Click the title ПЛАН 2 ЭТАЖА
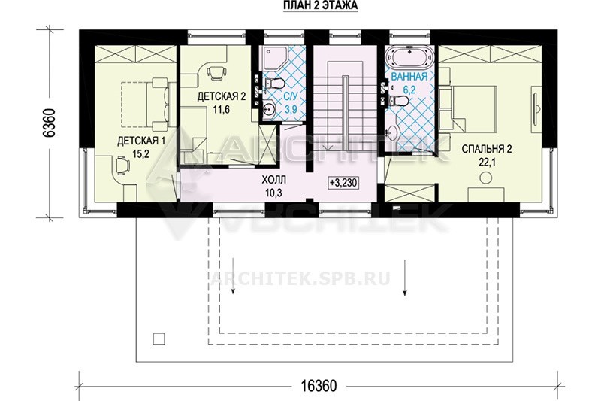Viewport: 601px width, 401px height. click(321, 5)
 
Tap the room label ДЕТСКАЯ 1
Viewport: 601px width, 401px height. click(141, 141)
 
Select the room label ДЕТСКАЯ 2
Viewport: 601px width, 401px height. click(221, 96)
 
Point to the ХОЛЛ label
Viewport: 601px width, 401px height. click(273, 180)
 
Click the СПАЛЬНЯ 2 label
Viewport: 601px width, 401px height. click(486, 149)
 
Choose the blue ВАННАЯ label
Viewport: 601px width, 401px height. click(409, 76)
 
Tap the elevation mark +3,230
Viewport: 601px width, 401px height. click(343, 183)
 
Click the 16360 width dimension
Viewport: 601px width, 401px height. click(319, 386)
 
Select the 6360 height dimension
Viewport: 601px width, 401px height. click(50, 123)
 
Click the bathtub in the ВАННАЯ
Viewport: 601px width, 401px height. click(409, 58)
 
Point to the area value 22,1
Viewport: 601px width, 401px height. click(487, 163)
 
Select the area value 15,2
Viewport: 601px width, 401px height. click(140, 154)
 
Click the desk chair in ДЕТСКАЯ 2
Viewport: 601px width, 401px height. click(216, 71)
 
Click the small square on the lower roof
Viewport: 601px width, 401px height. click(159, 339)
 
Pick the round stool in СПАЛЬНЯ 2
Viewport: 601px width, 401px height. click(486, 178)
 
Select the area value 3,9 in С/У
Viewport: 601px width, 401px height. click(291, 109)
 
